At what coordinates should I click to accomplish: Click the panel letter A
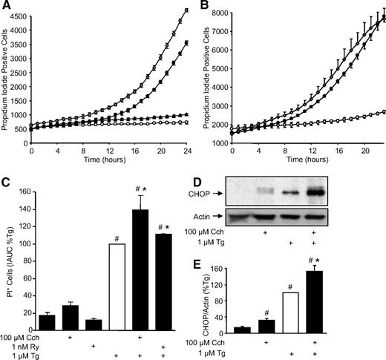click(x=7, y=6)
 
